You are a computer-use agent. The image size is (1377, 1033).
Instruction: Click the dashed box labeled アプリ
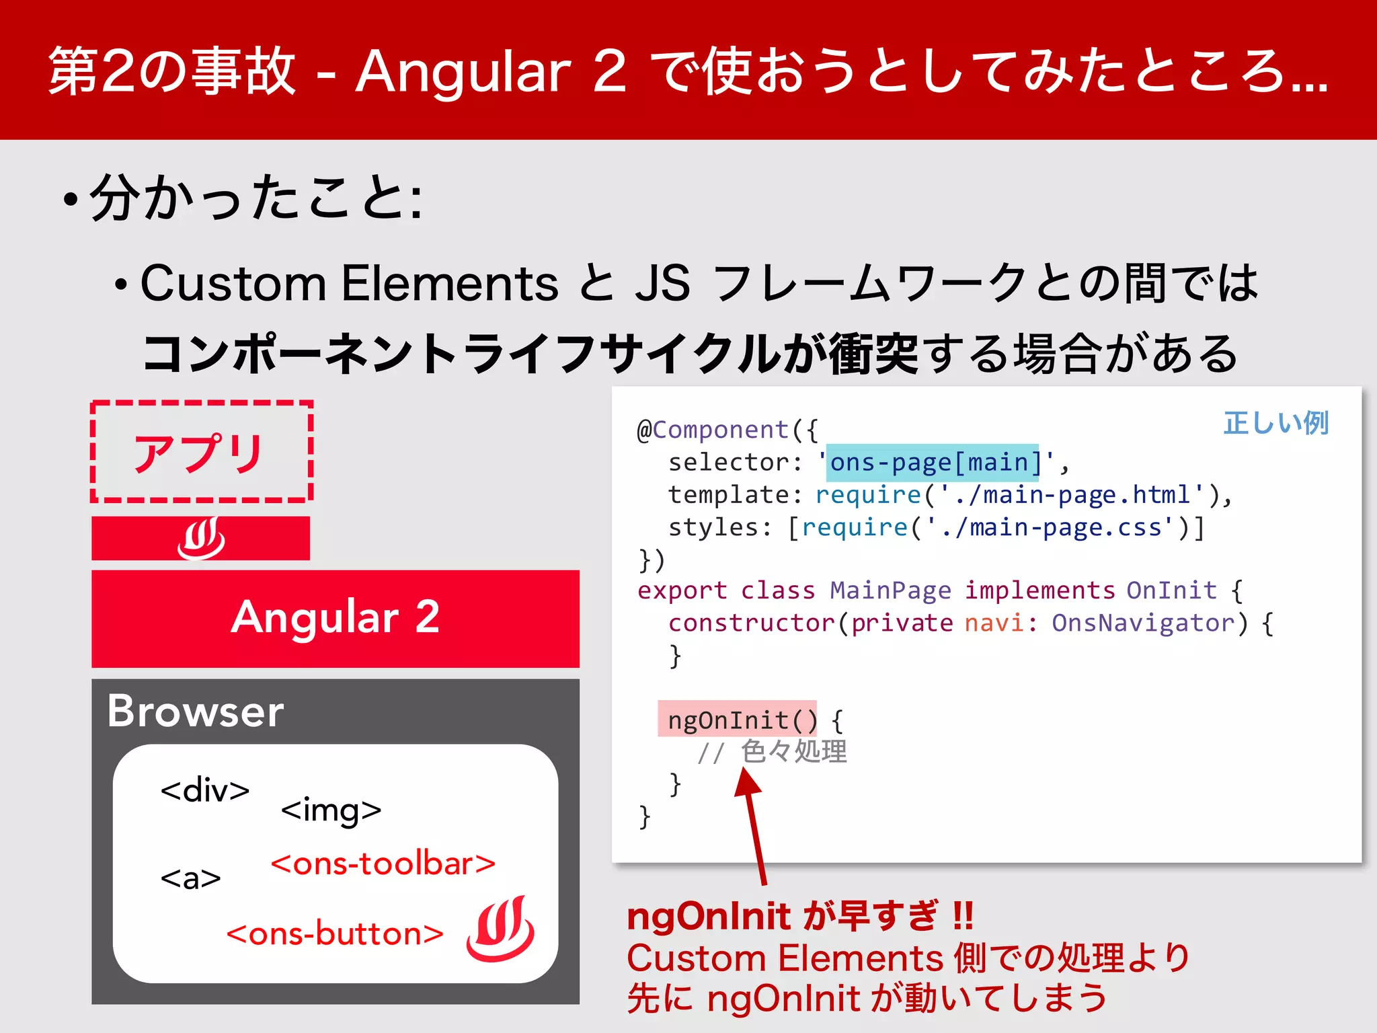pos(201,451)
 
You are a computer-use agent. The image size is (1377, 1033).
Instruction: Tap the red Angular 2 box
pos(335,618)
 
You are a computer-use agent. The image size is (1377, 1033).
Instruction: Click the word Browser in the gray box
pos(196,712)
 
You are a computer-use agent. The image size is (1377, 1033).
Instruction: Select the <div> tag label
pos(205,791)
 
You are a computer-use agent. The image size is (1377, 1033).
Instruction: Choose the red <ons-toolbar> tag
pos(383,864)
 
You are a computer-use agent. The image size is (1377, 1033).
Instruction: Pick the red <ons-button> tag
pos(335,934)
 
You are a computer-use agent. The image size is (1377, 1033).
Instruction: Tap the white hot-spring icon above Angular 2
pos(201,538)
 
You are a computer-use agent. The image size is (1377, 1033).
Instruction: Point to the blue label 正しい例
pos(1275,423)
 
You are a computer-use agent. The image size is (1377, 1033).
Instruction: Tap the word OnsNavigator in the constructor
pos(1143,623)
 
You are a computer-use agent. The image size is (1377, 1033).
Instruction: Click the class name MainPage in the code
pos(890,590)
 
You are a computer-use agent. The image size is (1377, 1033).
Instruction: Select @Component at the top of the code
pos(713,430)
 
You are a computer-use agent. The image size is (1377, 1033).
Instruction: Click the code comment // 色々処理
pos(772,752)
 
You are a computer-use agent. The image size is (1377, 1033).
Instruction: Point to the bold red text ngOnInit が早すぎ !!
pos(799,916)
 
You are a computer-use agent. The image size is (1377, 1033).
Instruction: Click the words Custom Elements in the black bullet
pos(349,283)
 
